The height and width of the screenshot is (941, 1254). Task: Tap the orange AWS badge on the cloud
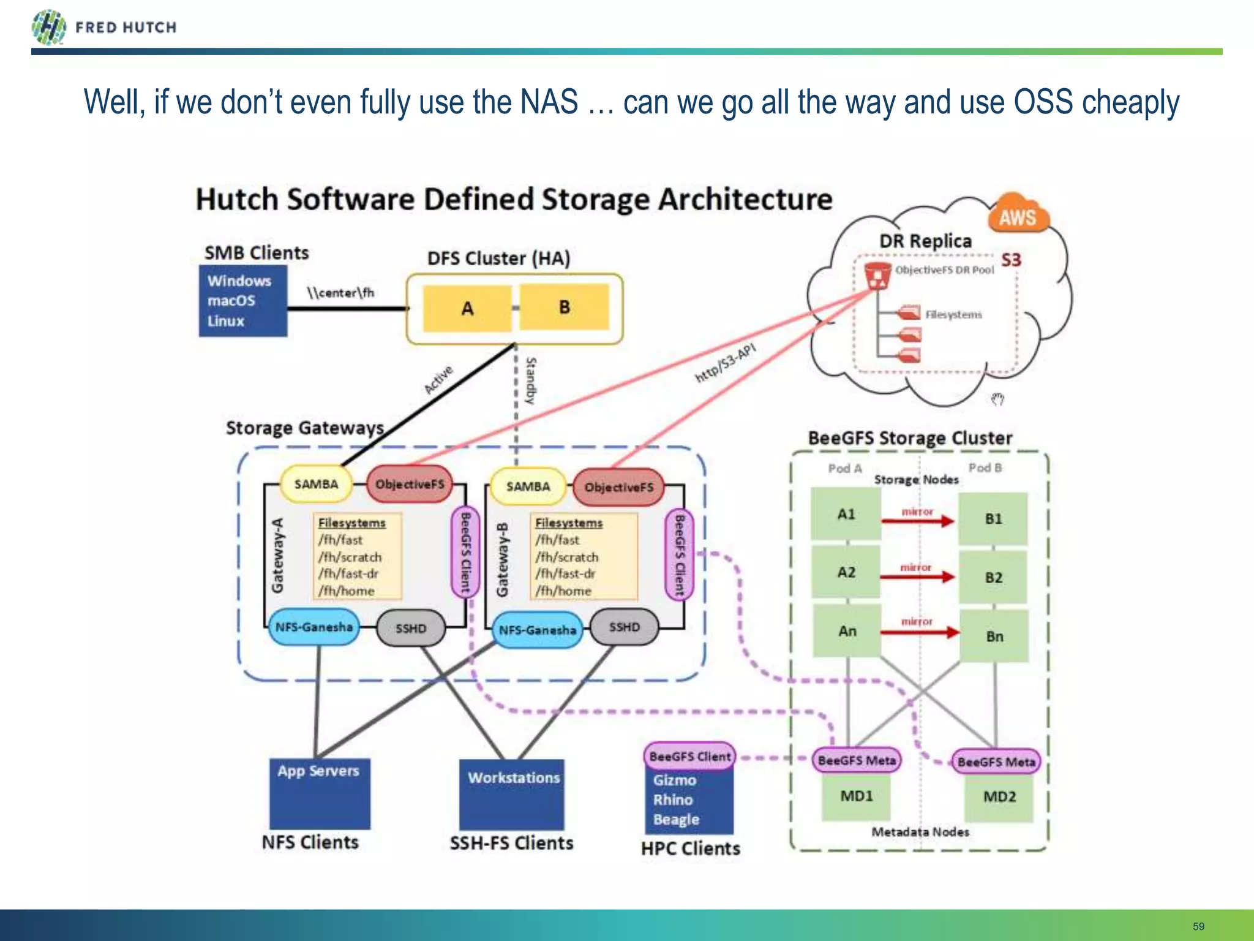1018,217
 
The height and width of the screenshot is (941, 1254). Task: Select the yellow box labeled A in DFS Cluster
467,308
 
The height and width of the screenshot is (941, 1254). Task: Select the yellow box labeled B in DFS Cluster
565,307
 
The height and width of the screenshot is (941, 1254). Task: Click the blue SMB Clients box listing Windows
242,301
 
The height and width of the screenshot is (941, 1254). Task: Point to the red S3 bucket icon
877,275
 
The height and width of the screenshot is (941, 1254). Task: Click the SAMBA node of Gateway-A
316,484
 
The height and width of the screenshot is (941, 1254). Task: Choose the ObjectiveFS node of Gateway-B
618,488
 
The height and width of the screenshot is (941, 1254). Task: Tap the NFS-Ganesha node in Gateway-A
313,627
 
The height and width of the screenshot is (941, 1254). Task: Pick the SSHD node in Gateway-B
624,627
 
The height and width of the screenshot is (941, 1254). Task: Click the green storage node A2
846,573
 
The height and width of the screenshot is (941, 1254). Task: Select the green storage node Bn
994,637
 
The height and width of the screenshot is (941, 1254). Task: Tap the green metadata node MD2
999,797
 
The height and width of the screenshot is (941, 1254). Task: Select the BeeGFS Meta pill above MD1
856,760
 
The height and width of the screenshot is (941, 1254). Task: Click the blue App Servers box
319,794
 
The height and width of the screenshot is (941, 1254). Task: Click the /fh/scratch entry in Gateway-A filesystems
350,557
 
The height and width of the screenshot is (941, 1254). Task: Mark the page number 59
1198,926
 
